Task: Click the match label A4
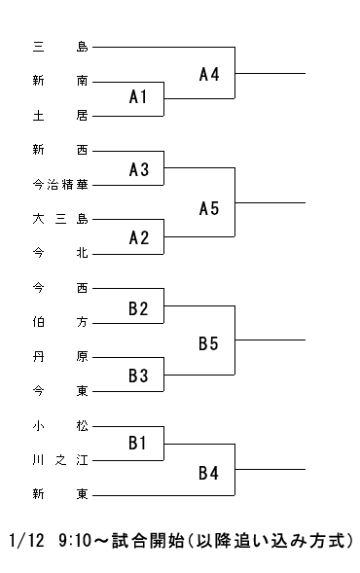pos(209,74)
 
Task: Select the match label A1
pos(138,97)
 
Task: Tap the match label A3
pos(139,169)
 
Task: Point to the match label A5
pos(209,208)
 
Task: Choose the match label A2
pos(139,238)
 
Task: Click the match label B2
pos(138,308)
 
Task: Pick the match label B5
pos(208,343)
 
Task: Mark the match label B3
pos(138,376)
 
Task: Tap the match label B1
pos(137,443)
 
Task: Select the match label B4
pos(208,473)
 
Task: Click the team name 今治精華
pos(60,185)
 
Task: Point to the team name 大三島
pos(60,219)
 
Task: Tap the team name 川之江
pos(60,460)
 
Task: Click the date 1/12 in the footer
pos(26,541)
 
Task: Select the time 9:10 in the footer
pos(74,541)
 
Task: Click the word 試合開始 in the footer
pos(148,541)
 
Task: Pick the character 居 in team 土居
pos(83,116)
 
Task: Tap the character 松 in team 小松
pos(83,426)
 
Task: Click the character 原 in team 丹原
pos(83,357)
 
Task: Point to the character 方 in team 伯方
pos(83,322)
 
